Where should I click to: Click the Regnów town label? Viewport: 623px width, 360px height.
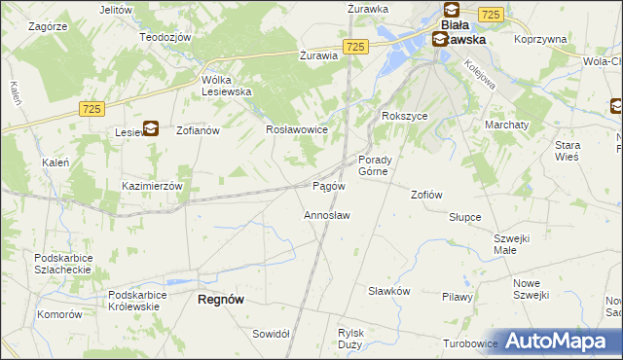[220, 300]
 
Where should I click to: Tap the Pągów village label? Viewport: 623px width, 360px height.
[328, 185]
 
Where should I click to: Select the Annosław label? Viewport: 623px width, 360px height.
[327, 214]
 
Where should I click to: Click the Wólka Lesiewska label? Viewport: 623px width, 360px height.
[227, 86]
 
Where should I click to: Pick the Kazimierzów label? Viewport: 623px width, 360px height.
[152, 185]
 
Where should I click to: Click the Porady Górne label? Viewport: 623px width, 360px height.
[375, 165]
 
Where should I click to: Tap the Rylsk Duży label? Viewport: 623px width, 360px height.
[350, 338]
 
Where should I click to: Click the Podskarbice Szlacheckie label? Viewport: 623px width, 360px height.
[62, 264]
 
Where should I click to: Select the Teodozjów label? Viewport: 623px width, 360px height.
[163, 36]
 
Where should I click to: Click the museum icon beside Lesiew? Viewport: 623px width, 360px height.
[151, 126]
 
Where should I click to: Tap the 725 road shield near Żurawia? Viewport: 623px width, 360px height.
[355, 47]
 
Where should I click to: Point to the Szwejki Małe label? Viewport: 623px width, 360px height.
[518, 243]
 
